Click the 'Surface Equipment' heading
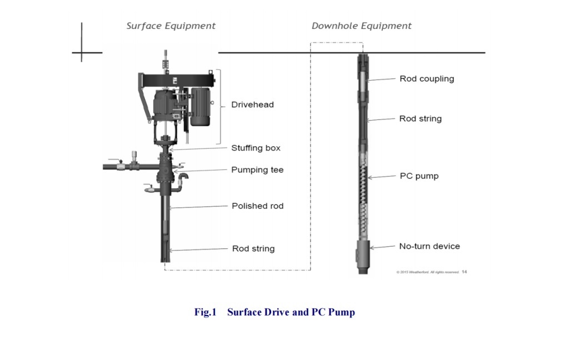pos(171,26)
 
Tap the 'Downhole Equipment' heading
pos(361,26)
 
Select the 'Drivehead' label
pos(252,104)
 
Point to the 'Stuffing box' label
pos(256,148)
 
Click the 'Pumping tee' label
pos(257,170)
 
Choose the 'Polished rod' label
pos(257,206)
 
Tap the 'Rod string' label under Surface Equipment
pos(253,248)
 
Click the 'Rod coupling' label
pos(426,79)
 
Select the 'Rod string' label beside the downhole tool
pos(420,118)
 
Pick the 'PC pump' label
pos(419,176)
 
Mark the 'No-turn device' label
pos(429,246)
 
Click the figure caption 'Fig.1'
pos(204,312)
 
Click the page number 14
pos(464,272)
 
